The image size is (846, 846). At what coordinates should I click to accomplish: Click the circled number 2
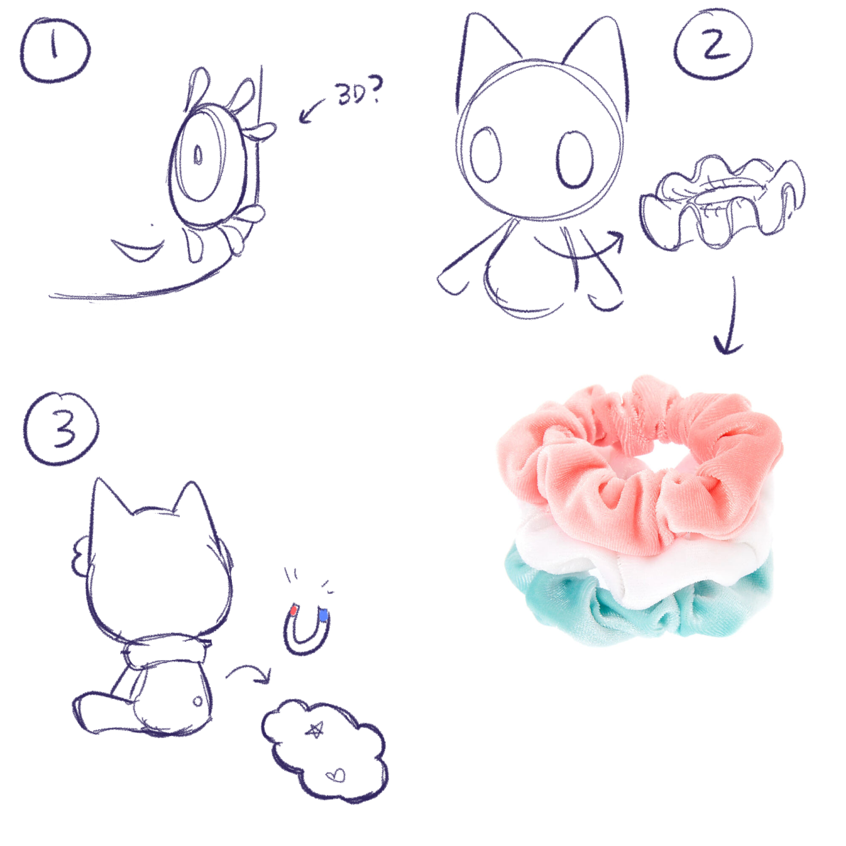pos(713,44)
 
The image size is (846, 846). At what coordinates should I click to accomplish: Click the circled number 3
pos(61,429)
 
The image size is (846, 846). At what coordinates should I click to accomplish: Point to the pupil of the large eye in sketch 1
pos(198,155)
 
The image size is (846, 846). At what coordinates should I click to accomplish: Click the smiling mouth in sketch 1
pos(138,249)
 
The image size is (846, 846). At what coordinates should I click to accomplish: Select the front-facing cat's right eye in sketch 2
pos(575,160)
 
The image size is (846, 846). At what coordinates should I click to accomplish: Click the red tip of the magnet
pos(293,610)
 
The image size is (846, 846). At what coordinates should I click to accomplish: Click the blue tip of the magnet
pos(323,615)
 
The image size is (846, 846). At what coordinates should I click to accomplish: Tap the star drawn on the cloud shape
pos(315,730)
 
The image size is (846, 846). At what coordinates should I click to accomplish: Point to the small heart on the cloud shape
pos(336,776)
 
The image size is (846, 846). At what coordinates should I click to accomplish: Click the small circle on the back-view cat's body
pos(198,702)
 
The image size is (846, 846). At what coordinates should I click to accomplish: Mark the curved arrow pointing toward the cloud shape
pos(248,668)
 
